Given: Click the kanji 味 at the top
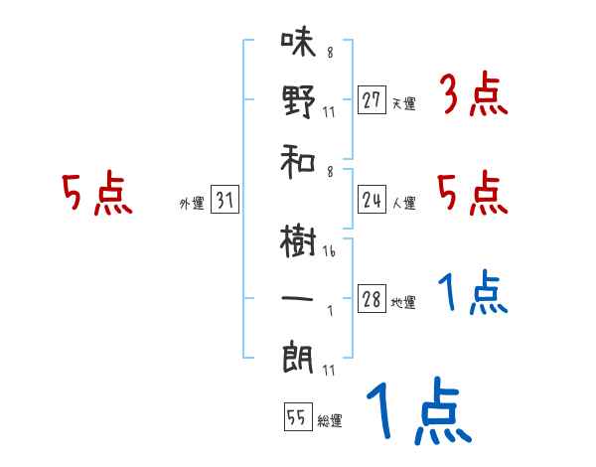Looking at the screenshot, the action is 297,45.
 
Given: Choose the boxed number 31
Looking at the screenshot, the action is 224,201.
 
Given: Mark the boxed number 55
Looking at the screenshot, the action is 296,418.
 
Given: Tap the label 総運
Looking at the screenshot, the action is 329,421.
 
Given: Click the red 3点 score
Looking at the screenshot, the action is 473,97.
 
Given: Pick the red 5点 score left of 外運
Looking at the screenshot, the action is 96,194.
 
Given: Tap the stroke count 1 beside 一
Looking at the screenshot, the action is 328,310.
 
